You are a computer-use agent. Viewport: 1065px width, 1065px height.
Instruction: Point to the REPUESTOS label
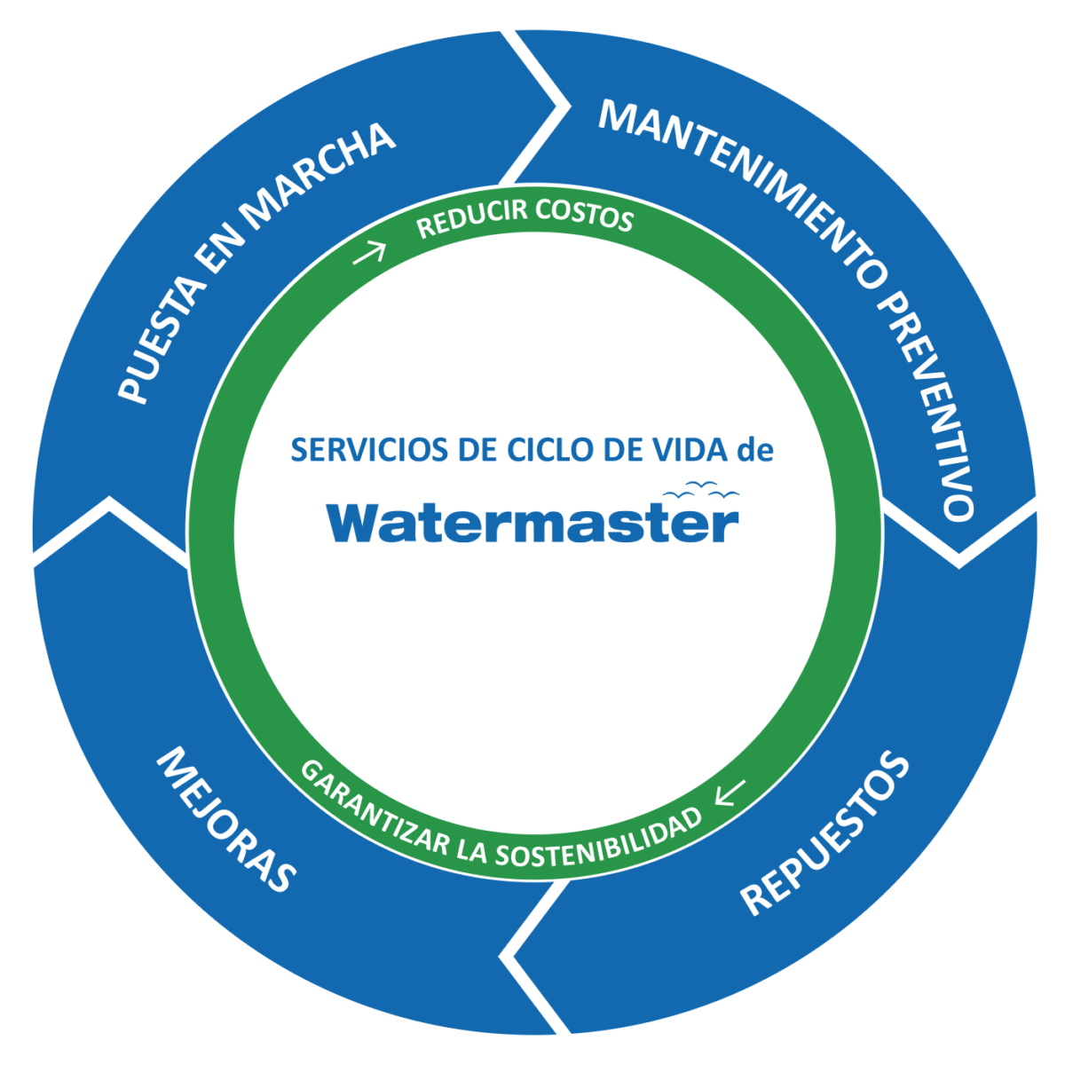(x=825, y=834)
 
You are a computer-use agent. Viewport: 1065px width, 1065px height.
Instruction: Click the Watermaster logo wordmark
(x=532, y=524)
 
